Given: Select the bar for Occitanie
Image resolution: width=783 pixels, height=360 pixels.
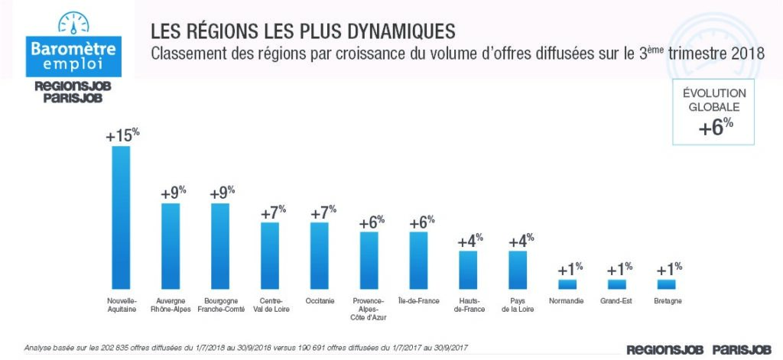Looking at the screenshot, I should point(320,255).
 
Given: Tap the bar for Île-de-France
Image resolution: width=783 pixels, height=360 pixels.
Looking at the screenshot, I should point(418,260).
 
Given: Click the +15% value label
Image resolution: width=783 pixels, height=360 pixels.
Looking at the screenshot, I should point(122,135).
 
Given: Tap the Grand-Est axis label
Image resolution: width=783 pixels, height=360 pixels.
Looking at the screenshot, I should point(616,301).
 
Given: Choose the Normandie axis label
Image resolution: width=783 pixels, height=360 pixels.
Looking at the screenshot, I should point(567,301).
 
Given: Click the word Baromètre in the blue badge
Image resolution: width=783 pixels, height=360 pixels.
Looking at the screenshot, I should point(73,49).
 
